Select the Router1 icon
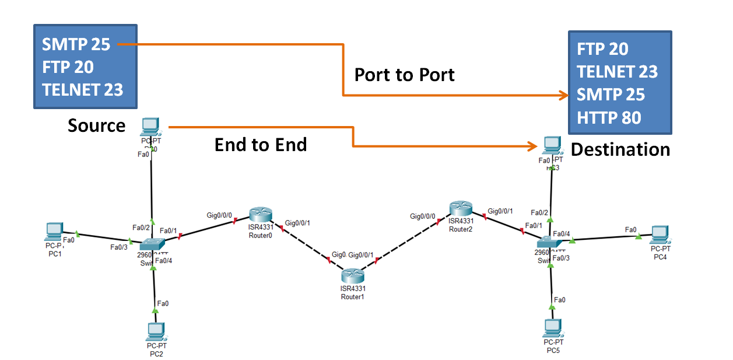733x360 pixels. click(352, 276)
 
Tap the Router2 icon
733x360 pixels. click(460, 209)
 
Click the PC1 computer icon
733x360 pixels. click(54, 232)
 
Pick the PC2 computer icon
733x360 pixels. click(156, 331)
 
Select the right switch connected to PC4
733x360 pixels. click(548, 242)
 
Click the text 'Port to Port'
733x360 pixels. click(405, 75)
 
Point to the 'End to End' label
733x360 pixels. click(261, 145)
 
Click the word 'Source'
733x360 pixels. click(97, 125)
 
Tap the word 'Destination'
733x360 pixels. click(620, 149)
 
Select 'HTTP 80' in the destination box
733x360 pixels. click(609, 118)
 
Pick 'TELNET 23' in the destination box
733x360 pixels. click(618, 72)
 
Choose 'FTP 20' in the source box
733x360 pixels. click(68, 67)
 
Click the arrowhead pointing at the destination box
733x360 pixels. click(563, 95)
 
